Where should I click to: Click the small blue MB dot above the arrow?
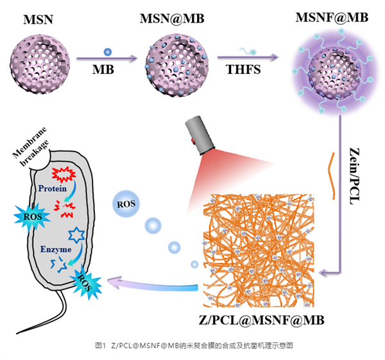107,51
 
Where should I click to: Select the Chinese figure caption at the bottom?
193,346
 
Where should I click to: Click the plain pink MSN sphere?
39,58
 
